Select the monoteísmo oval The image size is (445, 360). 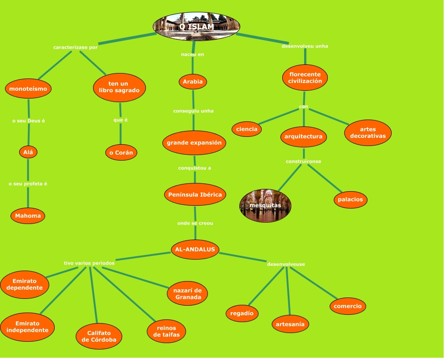click(28, 89)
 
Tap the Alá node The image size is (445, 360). click(28, 152)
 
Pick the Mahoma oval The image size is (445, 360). click(28, 216)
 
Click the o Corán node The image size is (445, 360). click(121, 152)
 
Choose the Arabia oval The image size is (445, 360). click(192, 82)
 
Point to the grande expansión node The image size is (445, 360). click(194, 143)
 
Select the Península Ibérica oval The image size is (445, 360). click(195, 195)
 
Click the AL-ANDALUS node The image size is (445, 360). click(195, 249)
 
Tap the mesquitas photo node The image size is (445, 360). click(265, 206)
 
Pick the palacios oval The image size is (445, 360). click(351, 199)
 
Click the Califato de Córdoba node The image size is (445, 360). click(99, 336)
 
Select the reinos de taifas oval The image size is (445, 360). click(166, 331)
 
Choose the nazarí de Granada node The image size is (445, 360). click(188, 294)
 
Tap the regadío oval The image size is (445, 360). click(242, 313)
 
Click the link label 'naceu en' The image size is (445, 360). click(192, 54)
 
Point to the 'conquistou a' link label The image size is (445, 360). click(194, 168)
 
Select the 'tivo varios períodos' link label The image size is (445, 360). click(89, 263)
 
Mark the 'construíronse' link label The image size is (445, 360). click(304, 162)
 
